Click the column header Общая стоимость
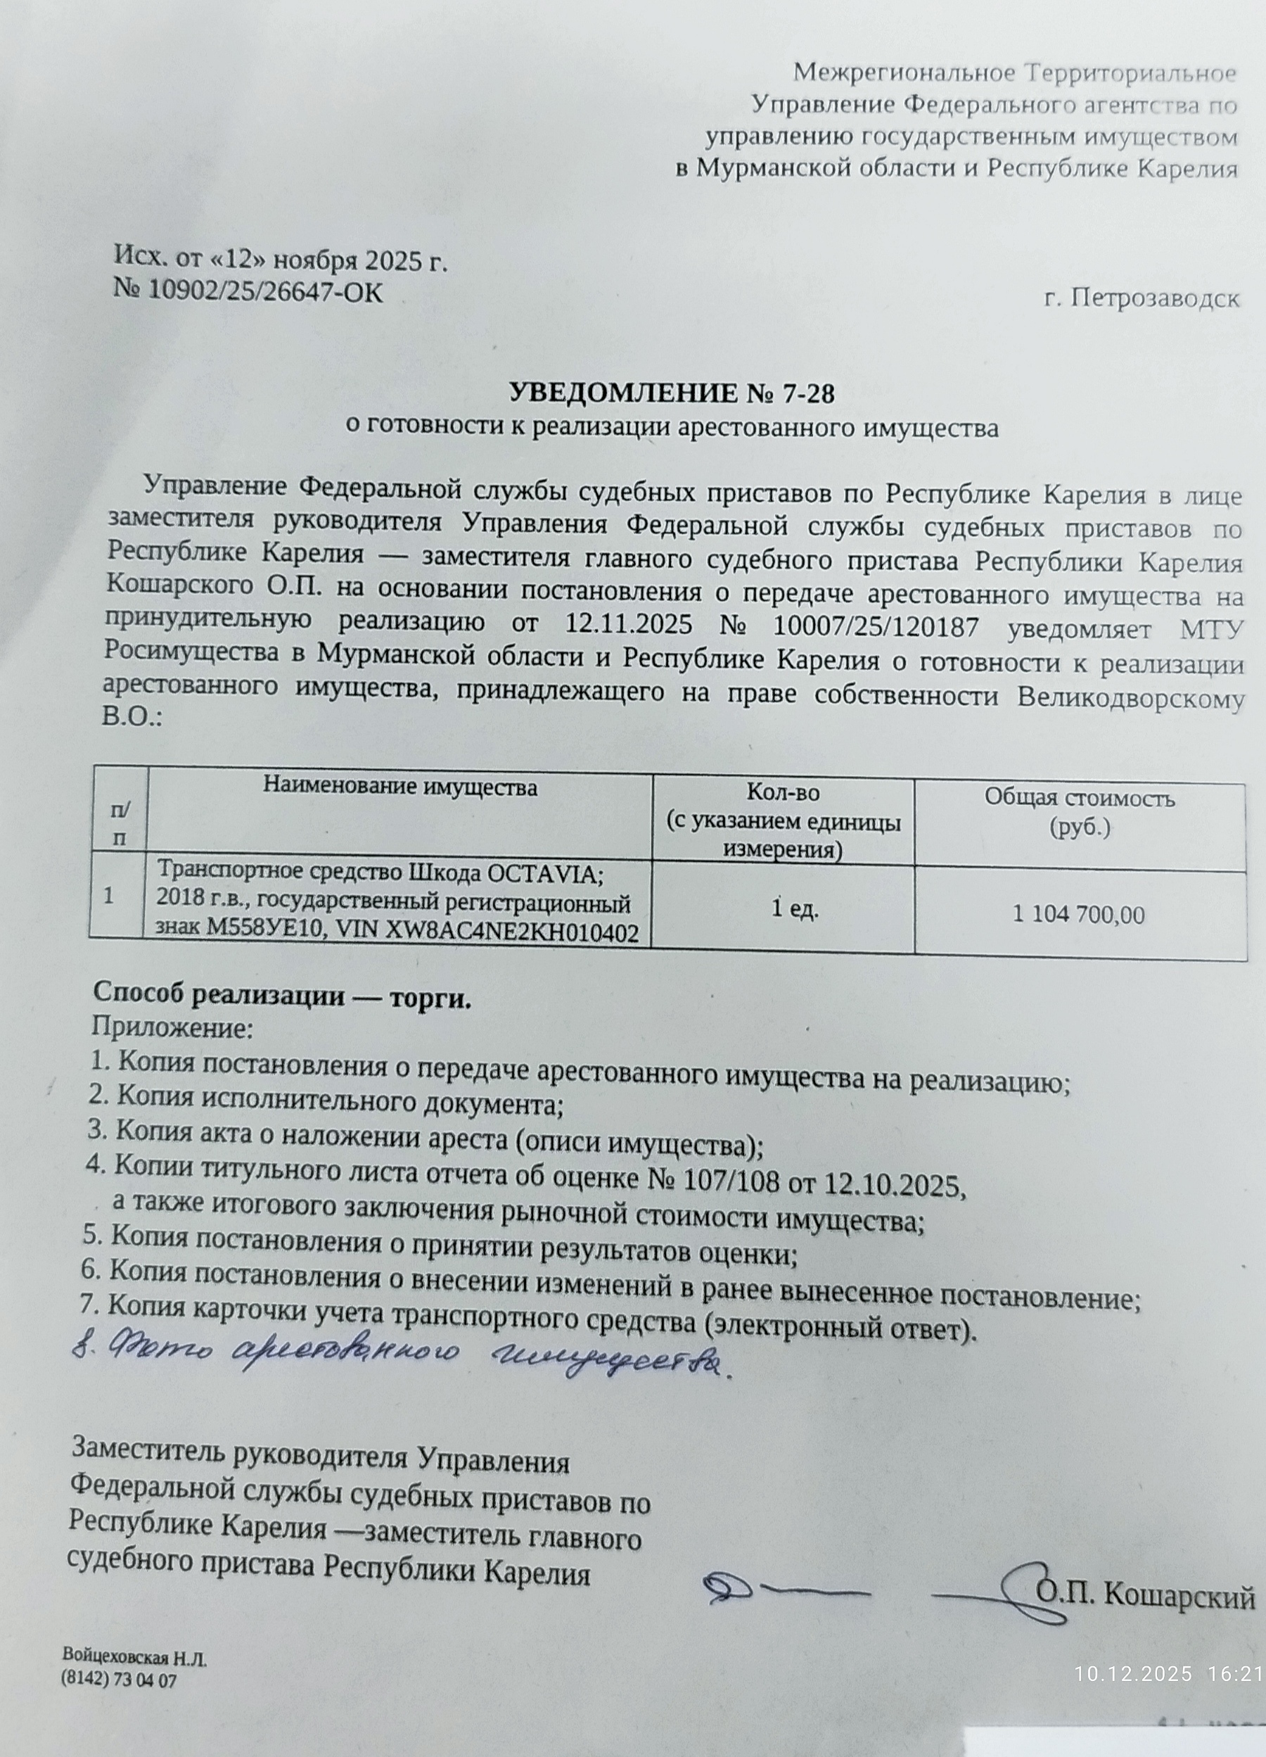pos(1080,798)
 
